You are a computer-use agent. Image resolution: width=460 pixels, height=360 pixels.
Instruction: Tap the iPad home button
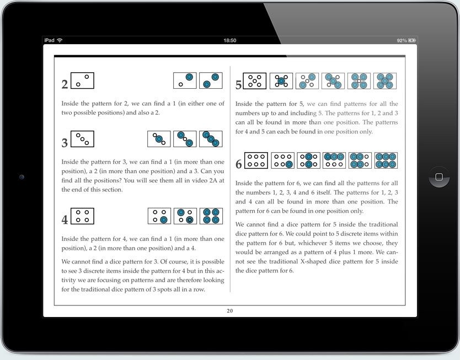tap(439, 177)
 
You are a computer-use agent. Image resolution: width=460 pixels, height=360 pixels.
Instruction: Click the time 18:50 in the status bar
tap(230, 41)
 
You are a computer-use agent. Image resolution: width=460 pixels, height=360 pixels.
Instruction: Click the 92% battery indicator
tap(406, 41)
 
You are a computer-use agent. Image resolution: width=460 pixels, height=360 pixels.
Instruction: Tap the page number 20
tap(230, 311)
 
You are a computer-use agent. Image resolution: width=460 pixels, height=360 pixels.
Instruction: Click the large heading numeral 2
tap(65, 84)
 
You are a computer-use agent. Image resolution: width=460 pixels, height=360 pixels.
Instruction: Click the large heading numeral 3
tap(65, 143)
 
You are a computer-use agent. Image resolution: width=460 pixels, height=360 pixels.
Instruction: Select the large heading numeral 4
tap(65, 220)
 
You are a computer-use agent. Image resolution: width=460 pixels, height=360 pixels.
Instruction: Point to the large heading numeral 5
tap(238, 85)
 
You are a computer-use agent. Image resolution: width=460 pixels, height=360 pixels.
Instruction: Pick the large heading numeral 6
tap(238, 164)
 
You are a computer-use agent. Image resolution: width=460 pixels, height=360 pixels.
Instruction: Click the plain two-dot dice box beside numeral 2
tap(83, 80)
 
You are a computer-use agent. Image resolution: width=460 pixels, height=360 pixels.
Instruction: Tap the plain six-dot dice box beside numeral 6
tap(256, 160)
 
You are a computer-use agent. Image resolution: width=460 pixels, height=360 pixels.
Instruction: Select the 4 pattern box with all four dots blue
tap(211, 216)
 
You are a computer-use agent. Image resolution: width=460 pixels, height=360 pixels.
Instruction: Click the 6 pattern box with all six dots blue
tap(386, 160)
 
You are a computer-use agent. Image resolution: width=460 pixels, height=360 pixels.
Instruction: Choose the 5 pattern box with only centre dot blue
tap(281, 81)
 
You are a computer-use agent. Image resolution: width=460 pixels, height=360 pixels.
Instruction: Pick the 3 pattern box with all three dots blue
tap(211, 139)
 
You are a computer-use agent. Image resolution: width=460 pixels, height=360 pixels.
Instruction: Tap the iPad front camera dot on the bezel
tap(21, 177)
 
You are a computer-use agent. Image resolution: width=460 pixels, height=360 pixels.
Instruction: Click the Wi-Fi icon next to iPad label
tap(60, 41)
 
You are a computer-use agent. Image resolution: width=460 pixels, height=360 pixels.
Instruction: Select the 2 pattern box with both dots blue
tap(211, 80)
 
